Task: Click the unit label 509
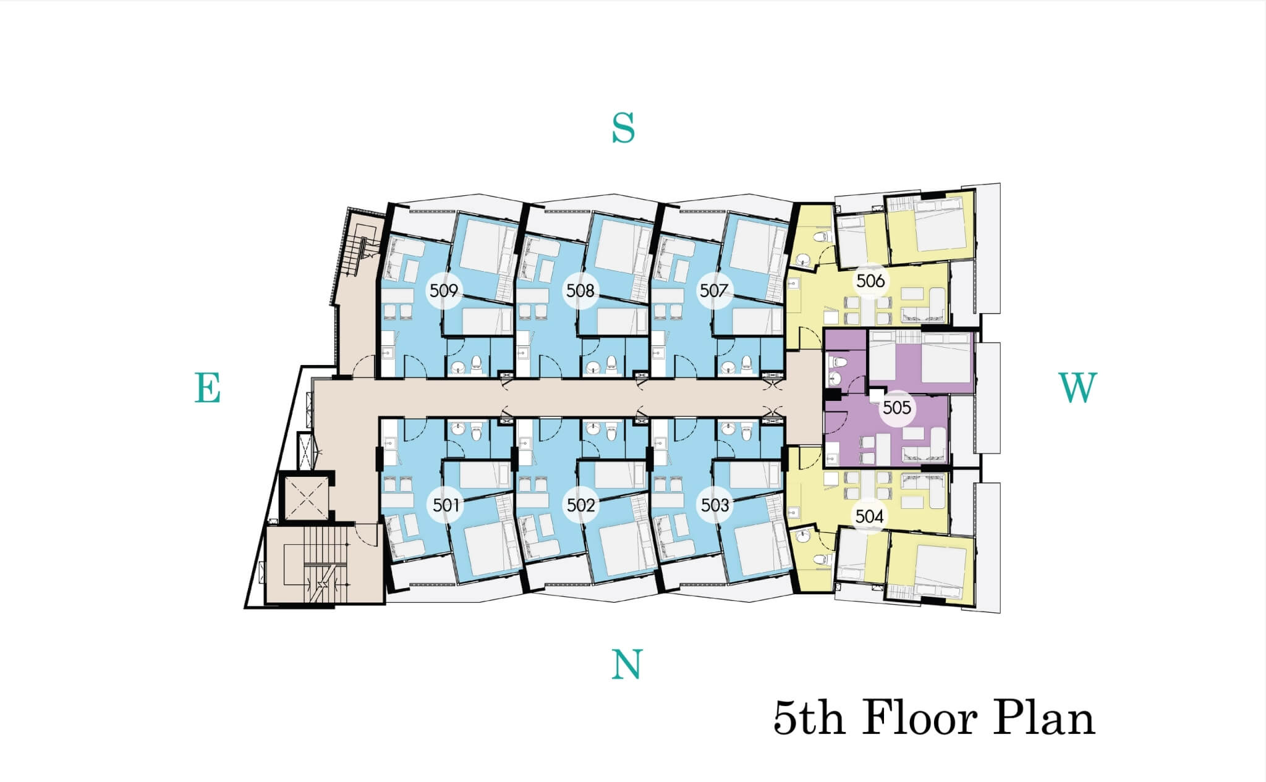[444, 290]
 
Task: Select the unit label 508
[580, 290]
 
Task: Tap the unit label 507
[713, 290]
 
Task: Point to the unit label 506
[870, 281]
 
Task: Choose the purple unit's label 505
[897, 408]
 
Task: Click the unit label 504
[870, 516]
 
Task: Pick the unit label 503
[715, 505]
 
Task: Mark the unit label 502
[581, 505]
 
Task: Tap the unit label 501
[445, 505]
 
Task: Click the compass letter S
[623, 128]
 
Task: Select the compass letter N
[627, 665]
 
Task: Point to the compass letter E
[208, 388]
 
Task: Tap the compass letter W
[1078, 388]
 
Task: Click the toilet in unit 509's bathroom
[476, 364]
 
